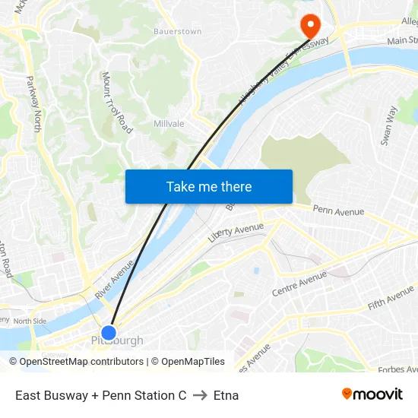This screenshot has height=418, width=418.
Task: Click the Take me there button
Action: (209, 186)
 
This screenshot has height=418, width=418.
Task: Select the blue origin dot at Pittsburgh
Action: (109, 332)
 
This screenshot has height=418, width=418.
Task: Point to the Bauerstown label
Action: (177, 32)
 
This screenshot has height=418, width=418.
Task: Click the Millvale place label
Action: (169, 123)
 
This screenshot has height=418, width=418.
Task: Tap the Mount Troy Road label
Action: (117, 103)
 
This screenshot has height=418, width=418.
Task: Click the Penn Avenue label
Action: (338, 211)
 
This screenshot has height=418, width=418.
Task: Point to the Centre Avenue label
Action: (299, 283)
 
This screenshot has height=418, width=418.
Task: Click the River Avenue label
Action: (114, 279)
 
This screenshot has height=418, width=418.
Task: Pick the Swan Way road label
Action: (388, 125)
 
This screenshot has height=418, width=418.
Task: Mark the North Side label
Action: (30, 321)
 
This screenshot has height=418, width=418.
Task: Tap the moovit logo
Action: (372, 394)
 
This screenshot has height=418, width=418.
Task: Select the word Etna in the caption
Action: (226, 395)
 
